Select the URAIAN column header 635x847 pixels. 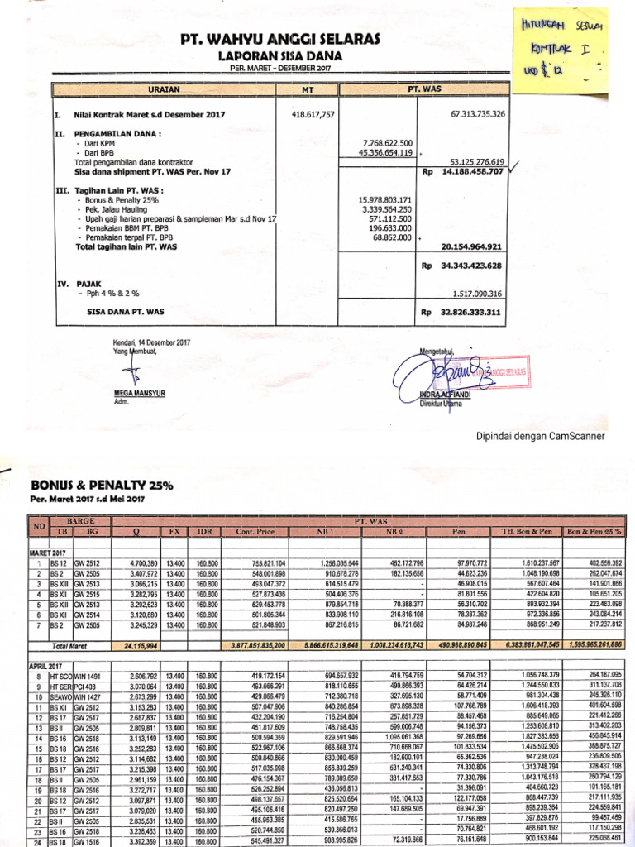coord(164,88)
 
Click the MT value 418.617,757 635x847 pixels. coord(313,113)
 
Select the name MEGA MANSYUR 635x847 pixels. coord(138,394)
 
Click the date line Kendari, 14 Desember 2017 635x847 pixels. coord(151,342)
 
